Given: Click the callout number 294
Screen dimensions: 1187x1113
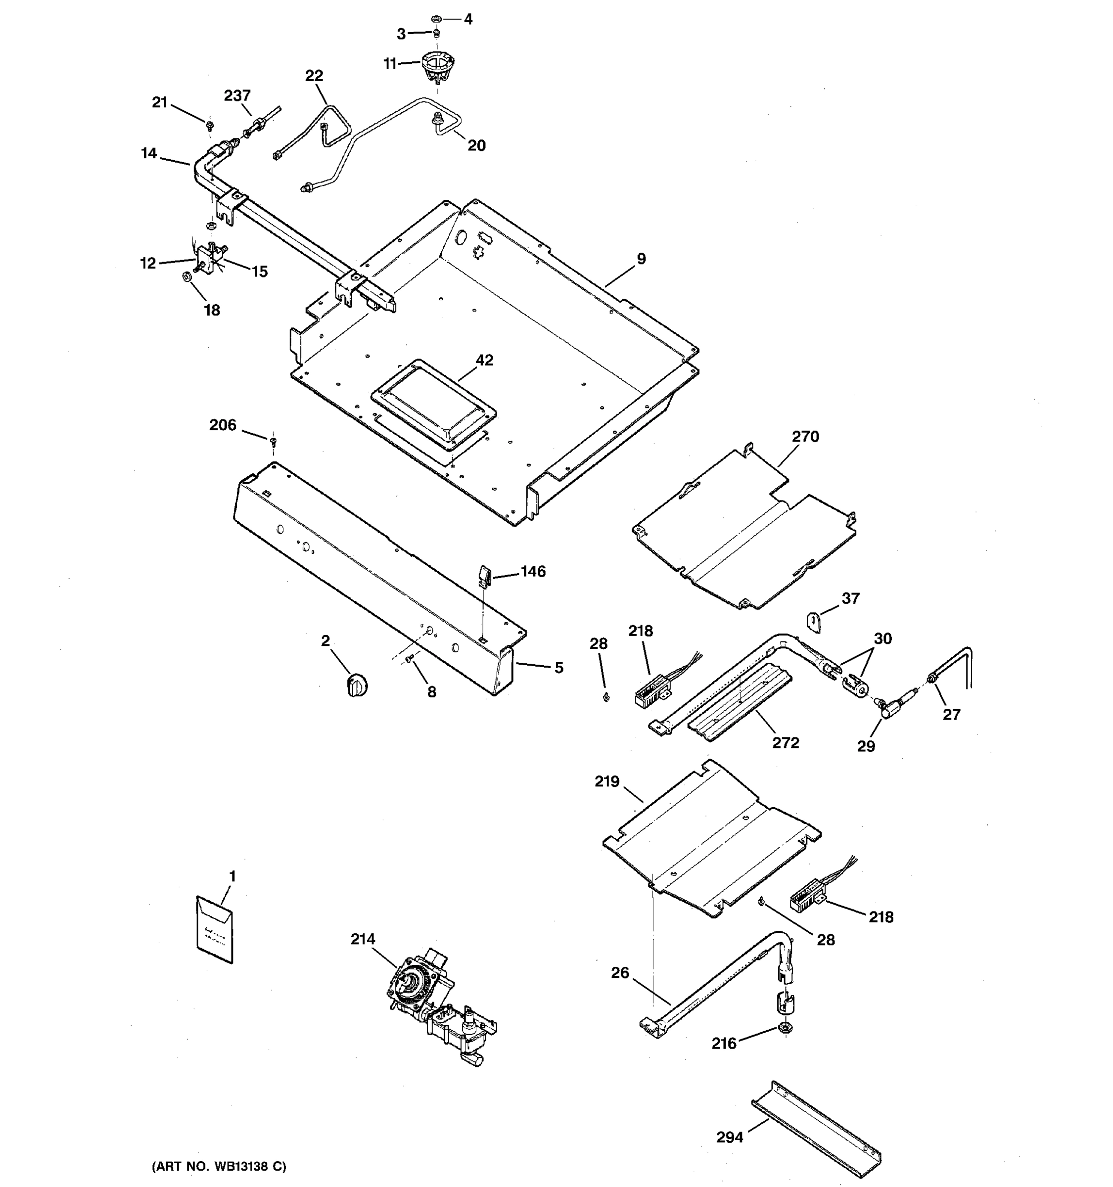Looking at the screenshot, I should tap(730, 1138).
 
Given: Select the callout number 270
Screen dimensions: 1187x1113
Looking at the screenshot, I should tap(805, 436).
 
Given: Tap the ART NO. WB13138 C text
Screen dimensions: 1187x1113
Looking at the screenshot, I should tap(219, 1166).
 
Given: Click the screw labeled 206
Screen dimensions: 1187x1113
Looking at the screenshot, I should tap(274, 442).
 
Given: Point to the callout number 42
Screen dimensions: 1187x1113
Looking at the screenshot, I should tap(484, 360).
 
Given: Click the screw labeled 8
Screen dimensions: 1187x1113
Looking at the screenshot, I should tap(410, 659).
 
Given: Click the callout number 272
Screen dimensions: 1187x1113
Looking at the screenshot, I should tap(785, 742).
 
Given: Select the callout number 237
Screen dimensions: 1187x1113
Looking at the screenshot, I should tap(237, 95).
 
